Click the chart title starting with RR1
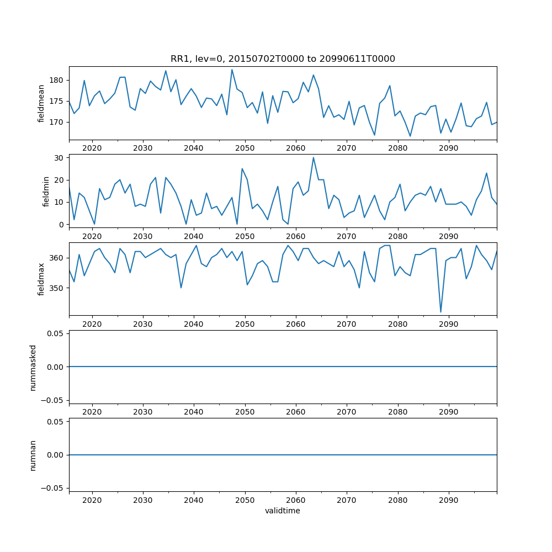(x=283, y=59)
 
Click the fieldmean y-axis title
(x=41, y=103)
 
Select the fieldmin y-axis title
(x=46, y=191)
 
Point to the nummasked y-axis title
(x=33, y=367)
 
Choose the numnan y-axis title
(x=33, y=455)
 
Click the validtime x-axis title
(x=283, y=511)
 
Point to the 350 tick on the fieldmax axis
(x=58, y=288)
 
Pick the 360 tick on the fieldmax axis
(x=58, y=258)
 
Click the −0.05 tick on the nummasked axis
(x=54, y=400)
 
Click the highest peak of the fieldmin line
(x=314, y=157)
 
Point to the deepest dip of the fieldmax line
(x=440, y=312)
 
